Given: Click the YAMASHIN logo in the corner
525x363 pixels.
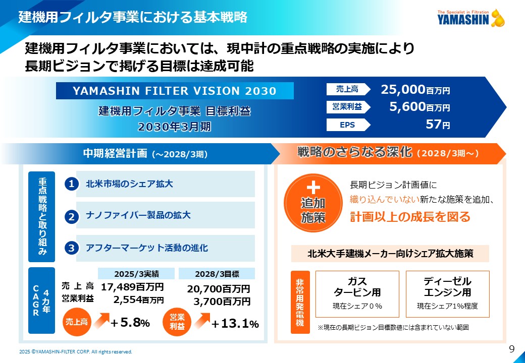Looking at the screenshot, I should pyautogui.click(x=470, y=18).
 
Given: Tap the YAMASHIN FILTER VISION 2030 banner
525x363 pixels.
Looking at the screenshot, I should pyautogui.click(x=175, y=91).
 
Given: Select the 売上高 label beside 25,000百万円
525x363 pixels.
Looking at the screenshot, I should pyautogui.click(x=348, y=90).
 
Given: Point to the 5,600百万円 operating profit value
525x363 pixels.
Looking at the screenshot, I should pyautogui.click(x=419, y=107).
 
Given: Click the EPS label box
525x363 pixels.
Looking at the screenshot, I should pyautogui.click(x=348, y=125).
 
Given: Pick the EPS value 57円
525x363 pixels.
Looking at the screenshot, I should pyautogui.click(x=437, y=125).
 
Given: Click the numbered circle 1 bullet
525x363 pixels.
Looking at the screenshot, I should pyautogui.click(x=72, y=185).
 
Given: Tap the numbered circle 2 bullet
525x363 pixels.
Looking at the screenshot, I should pyautogui.click(x=72, y=216).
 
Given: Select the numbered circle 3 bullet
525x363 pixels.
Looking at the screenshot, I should pyautogui.click(x=72, y=248).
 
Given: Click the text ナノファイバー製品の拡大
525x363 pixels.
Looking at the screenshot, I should pyautogui.click(x=138, y=216).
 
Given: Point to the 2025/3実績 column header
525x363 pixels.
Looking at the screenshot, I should pyautogui.click(x=136, y=274).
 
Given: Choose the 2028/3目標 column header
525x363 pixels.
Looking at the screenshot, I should pyautogui.click(x=217, y=274).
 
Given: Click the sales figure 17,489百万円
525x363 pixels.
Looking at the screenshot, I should pyautogui.click(x=132, y=287).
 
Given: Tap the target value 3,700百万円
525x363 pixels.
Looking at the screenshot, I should pyautogui.click(x=222, y=301).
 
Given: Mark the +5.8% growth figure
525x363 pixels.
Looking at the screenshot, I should pyautogui.click(x=130, y=323).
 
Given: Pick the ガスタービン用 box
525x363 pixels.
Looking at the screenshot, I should pyautogui.click(x=357, y=293).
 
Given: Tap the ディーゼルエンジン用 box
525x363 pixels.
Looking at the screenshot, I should pyautogui.click(x=447, y=293).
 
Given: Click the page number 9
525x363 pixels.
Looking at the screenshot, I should pyautogui.click(x=511, y=349).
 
